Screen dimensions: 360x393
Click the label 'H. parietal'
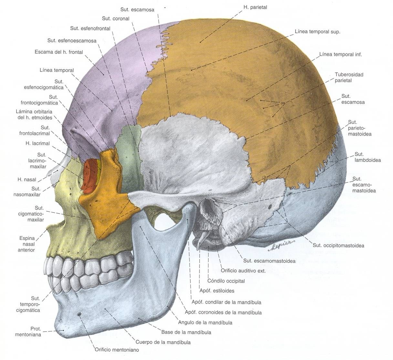255,7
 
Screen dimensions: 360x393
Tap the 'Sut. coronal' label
116,19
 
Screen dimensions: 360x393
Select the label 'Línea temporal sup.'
317,32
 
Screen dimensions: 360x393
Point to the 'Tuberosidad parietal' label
349,77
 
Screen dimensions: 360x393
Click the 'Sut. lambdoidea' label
367,157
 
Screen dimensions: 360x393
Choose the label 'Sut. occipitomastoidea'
338,246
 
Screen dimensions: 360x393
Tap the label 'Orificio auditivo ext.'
243,271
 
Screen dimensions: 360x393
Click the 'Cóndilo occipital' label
226,281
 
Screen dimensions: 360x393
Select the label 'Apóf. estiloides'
217,291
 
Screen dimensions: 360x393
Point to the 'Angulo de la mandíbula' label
205,323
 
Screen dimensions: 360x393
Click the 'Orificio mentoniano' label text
117,350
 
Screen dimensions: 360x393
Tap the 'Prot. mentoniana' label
28,332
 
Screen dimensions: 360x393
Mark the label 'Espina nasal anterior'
26,244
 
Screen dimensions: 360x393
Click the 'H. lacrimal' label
38,143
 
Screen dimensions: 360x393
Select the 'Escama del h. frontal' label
59,52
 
